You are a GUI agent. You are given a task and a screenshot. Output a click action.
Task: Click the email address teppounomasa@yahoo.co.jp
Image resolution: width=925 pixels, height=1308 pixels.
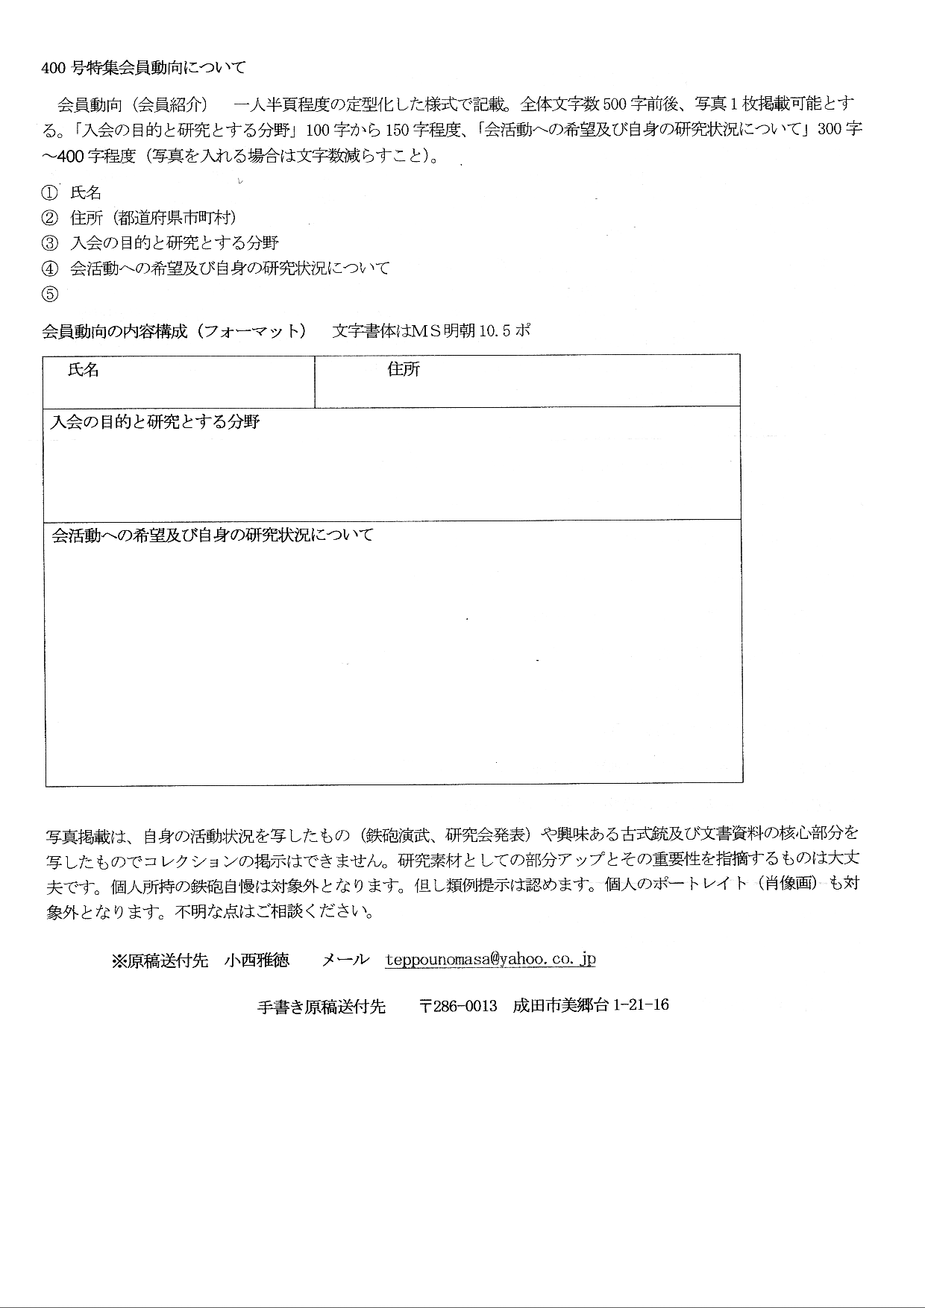coord(490,960)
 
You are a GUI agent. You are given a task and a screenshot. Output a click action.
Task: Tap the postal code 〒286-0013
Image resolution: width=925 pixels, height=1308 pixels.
coord(458,1005)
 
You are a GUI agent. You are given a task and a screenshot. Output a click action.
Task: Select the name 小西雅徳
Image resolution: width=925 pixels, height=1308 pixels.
coord(257,960)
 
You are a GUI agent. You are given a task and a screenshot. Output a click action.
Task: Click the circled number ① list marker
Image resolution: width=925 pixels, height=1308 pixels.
coord(49,193)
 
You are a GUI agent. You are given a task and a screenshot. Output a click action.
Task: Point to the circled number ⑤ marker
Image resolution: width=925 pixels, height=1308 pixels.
coord(49,294)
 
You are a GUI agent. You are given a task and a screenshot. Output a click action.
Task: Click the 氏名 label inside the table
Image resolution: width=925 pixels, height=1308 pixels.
coord(83,370)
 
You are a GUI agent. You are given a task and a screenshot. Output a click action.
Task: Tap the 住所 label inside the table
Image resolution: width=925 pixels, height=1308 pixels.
coord(403,369)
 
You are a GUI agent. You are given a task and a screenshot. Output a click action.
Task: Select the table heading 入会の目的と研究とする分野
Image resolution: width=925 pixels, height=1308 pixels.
coord(154,422)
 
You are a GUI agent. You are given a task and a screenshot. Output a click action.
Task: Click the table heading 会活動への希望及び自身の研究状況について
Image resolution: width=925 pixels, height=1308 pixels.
coord(213,535)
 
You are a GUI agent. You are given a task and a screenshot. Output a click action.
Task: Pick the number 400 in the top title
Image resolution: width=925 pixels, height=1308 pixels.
coord(54,68)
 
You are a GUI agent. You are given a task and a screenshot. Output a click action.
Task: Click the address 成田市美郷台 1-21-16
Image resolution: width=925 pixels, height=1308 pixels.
coord(590,1005)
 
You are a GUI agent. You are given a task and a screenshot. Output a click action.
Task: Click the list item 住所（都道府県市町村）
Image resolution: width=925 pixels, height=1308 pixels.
coord(153,218)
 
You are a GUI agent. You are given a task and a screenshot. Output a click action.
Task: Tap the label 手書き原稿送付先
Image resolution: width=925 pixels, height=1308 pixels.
coord(321,1007)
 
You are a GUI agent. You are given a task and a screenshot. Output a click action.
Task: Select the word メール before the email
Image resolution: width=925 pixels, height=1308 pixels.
coord(345,960)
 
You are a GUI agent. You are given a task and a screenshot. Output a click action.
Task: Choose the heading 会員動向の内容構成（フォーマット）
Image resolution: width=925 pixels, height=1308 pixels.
coord(174,331)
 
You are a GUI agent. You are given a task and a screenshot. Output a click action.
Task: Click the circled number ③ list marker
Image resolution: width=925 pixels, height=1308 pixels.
coord(49,243)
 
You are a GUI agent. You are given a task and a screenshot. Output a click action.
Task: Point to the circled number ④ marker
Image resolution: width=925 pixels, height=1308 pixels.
coord(49,268)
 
